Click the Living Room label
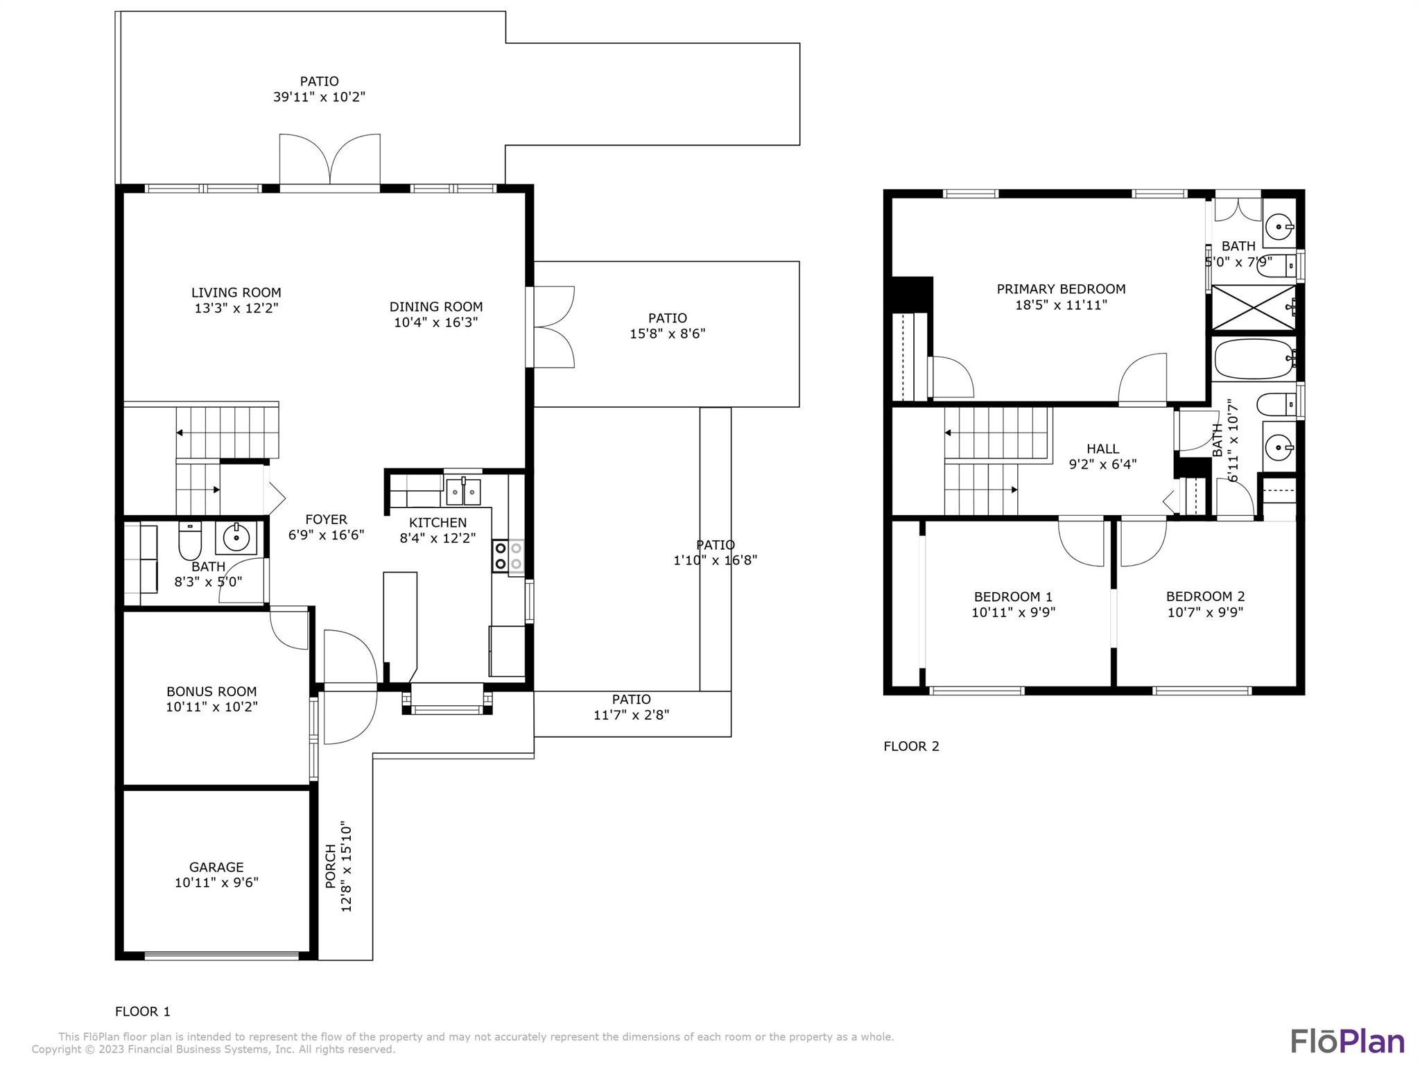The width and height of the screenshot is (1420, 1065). point(236,293)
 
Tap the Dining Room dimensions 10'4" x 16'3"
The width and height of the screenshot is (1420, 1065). point(436,322)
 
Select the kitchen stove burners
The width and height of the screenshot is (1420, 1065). point(508,556)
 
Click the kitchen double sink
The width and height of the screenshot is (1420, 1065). point(463,491)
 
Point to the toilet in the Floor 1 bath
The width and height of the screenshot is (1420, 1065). point(190,541)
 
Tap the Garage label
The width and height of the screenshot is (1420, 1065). point(216,867)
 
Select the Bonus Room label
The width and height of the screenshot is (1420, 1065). point(211,691)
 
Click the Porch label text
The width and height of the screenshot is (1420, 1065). point(331,866)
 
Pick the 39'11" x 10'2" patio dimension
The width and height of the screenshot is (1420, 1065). point(319,97)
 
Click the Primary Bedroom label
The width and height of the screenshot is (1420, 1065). point(1061,289)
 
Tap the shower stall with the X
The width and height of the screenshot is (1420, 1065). point(1253,307)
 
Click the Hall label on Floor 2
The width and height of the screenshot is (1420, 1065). point(1103,449)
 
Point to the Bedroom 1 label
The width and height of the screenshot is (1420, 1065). point(1013,597)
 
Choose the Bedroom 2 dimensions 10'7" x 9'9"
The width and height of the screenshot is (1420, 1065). point(1205,612)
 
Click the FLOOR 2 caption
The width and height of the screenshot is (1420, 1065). point(911,746)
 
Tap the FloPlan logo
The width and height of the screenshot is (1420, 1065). point(1347,1041)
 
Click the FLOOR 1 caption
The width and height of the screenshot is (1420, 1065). point(143,1012)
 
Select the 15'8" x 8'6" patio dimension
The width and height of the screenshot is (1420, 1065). point(667,334)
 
